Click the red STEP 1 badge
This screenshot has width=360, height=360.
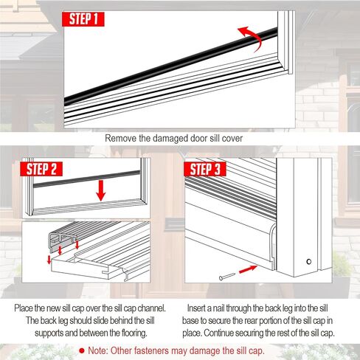(83, 19)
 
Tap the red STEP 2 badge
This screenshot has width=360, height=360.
(41, 169)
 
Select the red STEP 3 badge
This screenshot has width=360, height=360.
(205, 169)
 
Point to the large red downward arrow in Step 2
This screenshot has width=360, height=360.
(101, 190)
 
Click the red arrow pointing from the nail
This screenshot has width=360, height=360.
(248, 269)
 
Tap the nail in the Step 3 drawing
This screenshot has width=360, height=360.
(227, 277)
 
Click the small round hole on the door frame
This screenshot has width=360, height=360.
(309, 262)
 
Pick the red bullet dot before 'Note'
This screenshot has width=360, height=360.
(82, 351)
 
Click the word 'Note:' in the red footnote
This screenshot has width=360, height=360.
(98, 350)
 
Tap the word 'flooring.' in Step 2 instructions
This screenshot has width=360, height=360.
(134, 333)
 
